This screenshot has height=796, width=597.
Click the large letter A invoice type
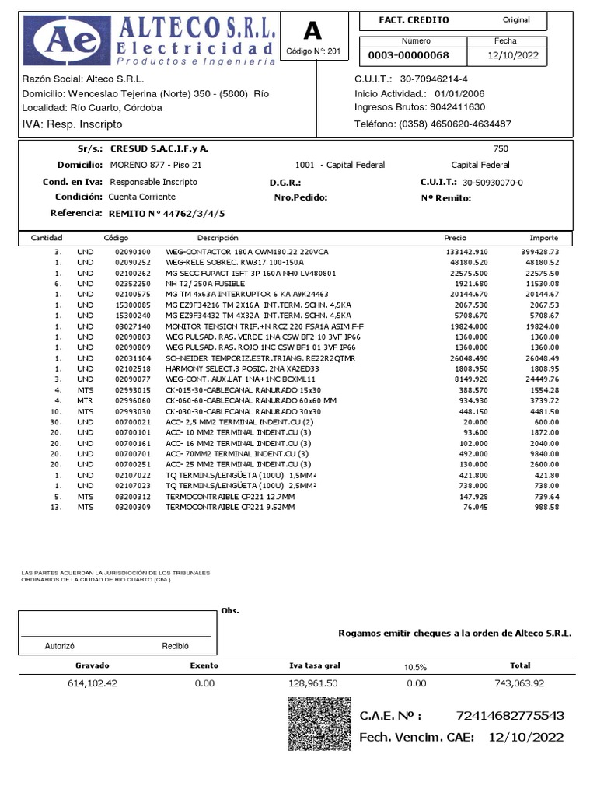click(312, 30)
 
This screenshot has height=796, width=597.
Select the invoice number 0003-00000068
click(409, 55)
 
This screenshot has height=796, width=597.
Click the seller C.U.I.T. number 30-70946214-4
click(445, 79)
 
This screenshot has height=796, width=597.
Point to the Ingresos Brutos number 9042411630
click(452, 107)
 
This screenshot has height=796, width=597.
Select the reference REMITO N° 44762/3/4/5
click(167, 213)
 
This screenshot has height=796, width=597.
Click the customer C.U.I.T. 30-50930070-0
click(493, 182)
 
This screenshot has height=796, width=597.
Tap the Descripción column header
click(218, 238)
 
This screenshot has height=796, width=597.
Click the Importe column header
click(543, 238)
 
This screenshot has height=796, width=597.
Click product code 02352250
click(131, 285)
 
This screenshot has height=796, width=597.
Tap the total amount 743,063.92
click(519, 683)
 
